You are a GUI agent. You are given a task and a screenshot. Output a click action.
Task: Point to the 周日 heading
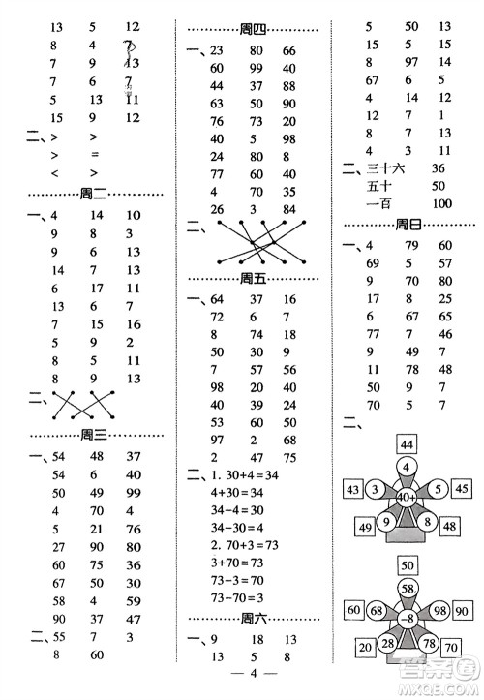409,226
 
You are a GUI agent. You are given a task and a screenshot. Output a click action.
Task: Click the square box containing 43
351,489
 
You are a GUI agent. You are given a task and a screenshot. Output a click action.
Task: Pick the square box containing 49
365,528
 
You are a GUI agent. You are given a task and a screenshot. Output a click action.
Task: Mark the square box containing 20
365,648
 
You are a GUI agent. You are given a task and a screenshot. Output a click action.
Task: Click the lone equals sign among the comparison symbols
94,154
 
